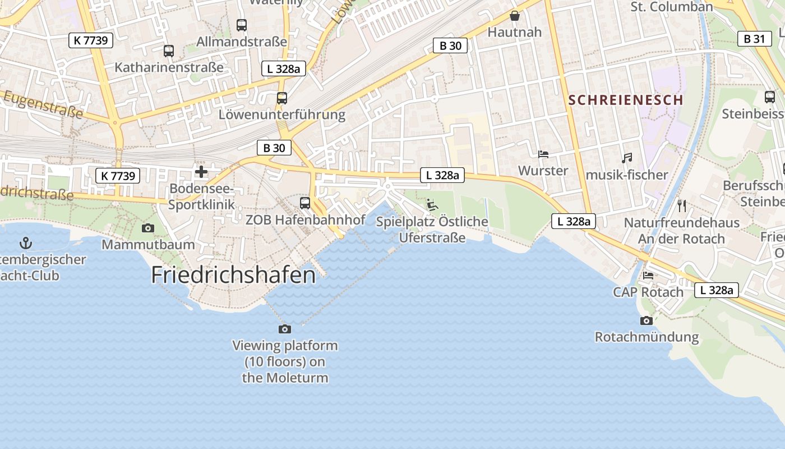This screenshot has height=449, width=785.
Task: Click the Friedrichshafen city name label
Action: click(233, 275)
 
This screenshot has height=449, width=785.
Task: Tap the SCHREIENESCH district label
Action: click(626, 100)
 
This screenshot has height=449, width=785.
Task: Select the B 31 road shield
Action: click(754, 39)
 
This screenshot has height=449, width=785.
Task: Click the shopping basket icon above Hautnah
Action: click(514, 16)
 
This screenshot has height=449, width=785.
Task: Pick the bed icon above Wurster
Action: click(543, 154)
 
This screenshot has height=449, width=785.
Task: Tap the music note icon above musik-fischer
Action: click(627, 158)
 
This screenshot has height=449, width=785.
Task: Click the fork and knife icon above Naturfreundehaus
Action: click(682, 206)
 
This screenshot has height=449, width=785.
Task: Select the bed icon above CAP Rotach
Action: click(648, 276)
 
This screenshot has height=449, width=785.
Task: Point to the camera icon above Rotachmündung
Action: click(647, 320)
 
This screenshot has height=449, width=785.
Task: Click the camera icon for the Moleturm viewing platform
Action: click(285, 329)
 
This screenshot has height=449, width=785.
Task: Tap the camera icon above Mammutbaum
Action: click(148, 228)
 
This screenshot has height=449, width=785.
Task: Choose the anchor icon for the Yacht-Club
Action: click(25, 243)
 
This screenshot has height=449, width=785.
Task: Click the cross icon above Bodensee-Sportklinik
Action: click(201, 172)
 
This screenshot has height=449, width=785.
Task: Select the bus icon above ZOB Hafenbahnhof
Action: click(305, 203)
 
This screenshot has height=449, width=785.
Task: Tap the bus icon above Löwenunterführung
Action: click(282, 98)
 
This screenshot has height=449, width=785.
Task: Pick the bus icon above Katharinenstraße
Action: click(169, 51)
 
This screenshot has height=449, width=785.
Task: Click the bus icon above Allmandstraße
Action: click(242, 25)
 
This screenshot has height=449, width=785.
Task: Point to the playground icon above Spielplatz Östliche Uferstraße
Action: click(432, 205)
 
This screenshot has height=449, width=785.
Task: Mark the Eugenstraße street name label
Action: click(43, 105)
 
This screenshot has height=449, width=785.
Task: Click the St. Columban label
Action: click(672, 7)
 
